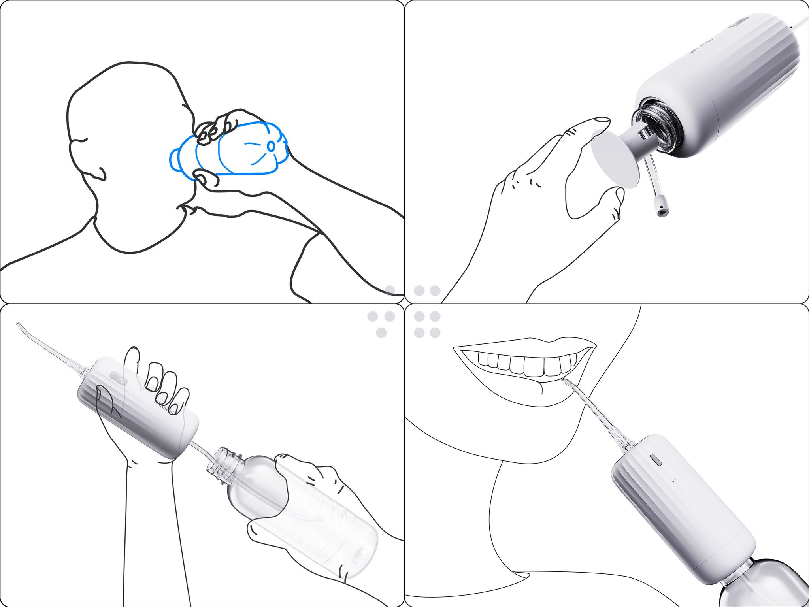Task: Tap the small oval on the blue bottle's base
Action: click(x=271, y=146)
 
